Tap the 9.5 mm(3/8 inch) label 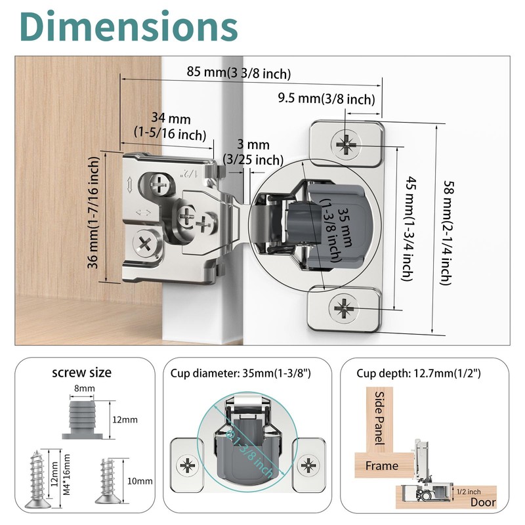pyautogui.click(x=326, y=100)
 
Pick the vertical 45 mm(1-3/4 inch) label pyautogui.click(x=407, y=228)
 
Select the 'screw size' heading pyautogui.click(x=82, y=373)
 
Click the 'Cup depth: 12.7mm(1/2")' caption pyautogui.click(x=419, y=373)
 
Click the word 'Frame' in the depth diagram pyautogui.click(x=383, y=465)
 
